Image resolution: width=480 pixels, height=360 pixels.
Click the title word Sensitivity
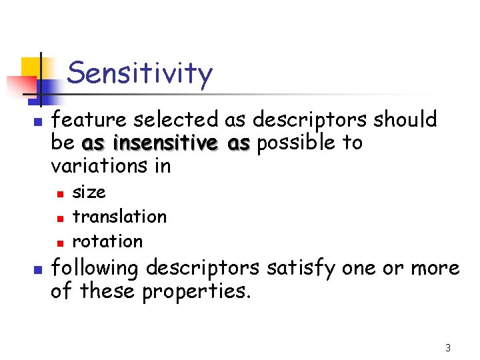click(x=140, y=73)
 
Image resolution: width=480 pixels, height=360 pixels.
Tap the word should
click(x=405, y=120)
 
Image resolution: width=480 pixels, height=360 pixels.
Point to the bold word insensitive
click(x=165, y=143)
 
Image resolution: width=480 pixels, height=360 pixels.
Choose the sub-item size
click(x=89, y=193)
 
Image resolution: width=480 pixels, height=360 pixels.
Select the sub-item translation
click(x=119, y=217)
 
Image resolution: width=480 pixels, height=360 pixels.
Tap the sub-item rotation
click(x=107, y=241)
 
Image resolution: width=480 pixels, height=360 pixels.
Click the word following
click(x=95, y=268)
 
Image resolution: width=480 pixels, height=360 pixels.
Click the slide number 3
click(x=448, y=347)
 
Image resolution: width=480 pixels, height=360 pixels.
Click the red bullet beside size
click(x=59, y=194)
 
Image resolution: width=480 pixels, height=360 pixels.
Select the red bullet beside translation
click(x=59, y=218)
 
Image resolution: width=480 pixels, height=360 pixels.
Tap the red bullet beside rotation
click(x=59, y=242)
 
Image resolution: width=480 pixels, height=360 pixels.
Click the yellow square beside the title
click(x=32, y=67)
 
